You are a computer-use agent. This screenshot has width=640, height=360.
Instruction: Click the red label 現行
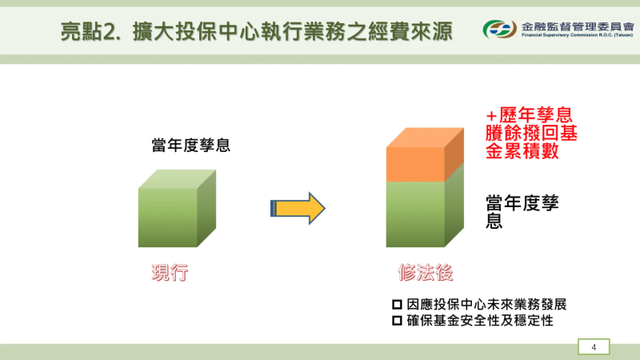click(x=170, y=273)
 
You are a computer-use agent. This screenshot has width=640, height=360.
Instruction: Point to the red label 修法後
click(x=426, y=273)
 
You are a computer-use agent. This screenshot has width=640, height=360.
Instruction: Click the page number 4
click(x=594, y=346)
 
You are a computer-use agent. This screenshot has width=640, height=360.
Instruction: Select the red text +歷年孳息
click(x=529, y=116)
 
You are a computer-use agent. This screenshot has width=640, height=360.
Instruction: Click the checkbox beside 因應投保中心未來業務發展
click(x=397, y=305)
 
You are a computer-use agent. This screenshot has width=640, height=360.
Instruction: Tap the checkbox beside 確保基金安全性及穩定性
click(x=397, y=320)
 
